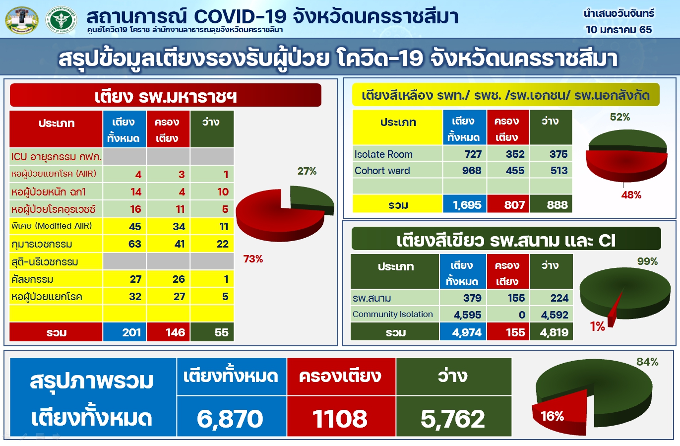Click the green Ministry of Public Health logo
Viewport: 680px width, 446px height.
point(61,20)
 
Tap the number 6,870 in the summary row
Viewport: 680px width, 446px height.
point(230,419)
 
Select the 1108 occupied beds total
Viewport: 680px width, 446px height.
point(340,419)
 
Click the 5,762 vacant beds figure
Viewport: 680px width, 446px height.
point(453,419)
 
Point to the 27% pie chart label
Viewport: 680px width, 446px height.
point(307,171)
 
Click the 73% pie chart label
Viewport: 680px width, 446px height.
point(253,259)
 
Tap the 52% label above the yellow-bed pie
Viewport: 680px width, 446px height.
point(620,117)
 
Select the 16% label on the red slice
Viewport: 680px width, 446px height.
point(552,416)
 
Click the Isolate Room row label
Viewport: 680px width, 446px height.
point(383,154)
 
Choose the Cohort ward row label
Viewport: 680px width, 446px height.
point(382,171)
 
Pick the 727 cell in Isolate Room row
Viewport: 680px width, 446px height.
point(473,154)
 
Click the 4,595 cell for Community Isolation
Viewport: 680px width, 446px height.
point(467,315)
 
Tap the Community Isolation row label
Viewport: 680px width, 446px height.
point(392,314)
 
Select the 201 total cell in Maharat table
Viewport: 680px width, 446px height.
point(131,332)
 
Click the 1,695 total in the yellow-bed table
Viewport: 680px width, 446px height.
point(467,205)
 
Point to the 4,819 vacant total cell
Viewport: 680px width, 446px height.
point(554,333)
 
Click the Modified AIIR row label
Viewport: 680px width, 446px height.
point(52,226)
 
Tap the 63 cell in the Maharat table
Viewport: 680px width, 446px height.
point(135,244)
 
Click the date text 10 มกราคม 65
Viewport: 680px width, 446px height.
point(618,29)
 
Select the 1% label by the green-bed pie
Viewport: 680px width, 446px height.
point(597,326)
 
